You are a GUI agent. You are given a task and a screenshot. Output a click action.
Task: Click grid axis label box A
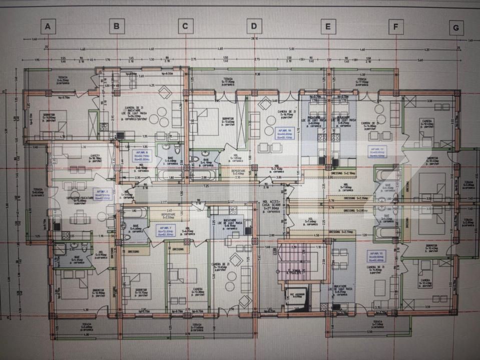coord(48,26)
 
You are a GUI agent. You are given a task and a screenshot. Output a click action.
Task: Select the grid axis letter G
coord(456,28)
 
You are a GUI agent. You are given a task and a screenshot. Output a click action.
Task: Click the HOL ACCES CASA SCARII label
coord(271,204)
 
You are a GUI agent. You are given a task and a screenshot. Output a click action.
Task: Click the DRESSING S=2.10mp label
coord(345,173)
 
